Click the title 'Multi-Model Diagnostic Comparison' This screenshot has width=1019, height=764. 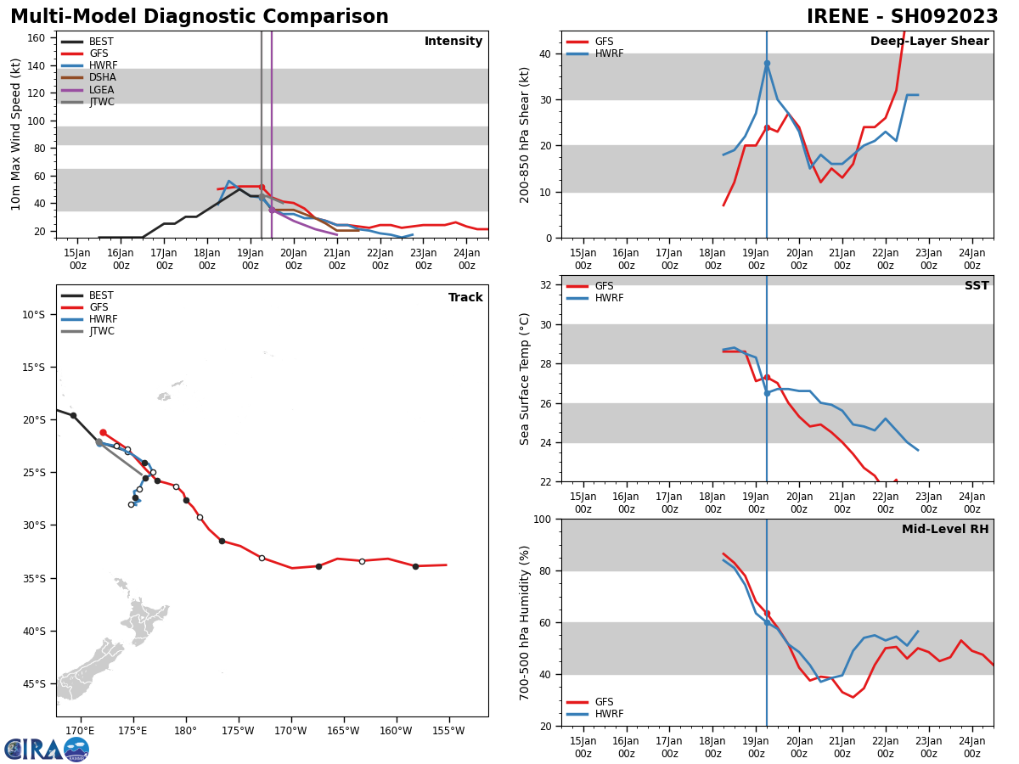click(200, 16)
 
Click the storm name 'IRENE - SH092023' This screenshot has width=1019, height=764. click(902, 16)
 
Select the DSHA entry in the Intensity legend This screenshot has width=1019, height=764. click(88, 77)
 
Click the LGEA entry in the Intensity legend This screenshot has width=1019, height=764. click(87, 89)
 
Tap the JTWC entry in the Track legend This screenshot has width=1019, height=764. click(87, 331)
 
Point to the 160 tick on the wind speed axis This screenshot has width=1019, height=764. click(36, 38)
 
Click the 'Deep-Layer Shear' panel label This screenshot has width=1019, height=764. click(929, 41)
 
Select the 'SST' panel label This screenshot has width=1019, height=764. click(977, 285)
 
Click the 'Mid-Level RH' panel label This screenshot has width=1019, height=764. click(945, 529)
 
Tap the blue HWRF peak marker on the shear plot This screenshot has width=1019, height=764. click(767, 64)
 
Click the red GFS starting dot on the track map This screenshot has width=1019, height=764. click(103, 432)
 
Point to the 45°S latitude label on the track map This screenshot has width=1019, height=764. click(33, 684)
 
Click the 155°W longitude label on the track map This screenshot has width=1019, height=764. click(448, 731)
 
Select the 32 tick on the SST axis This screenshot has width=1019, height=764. click(545, 285)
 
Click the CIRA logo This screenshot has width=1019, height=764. click(47, 749)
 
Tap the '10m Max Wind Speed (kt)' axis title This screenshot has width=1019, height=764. click(15, 134)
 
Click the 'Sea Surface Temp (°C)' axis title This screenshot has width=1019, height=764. click(524, 379)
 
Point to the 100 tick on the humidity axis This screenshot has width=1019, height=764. click(543, 519)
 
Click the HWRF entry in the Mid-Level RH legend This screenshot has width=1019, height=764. click(595, 713)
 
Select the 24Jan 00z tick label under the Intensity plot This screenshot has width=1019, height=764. click(466, 259)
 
